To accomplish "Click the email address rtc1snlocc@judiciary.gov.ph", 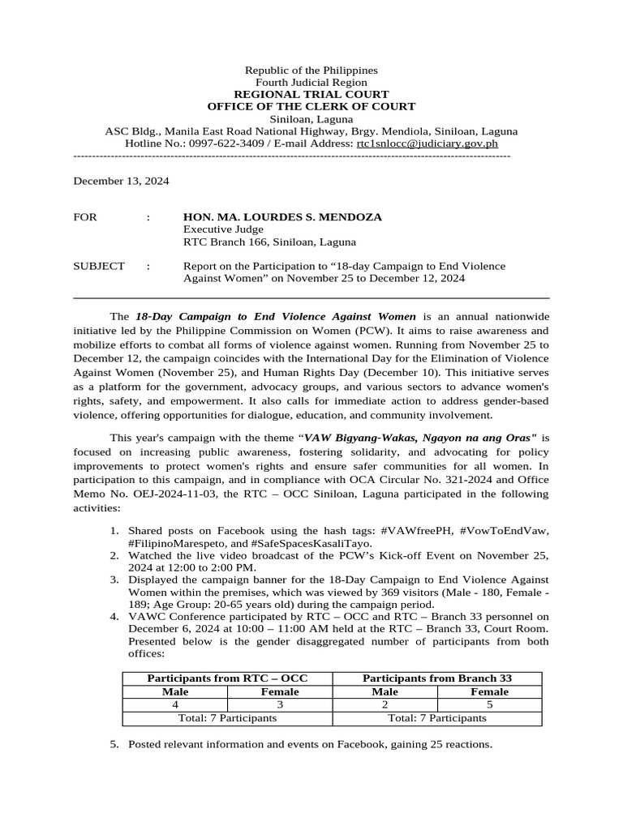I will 428,143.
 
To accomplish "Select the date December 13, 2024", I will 121,182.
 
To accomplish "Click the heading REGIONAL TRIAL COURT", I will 311,94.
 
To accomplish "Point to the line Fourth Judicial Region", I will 311,83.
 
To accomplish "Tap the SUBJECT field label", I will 99,266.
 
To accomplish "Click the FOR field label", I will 84,217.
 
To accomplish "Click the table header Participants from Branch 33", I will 437,678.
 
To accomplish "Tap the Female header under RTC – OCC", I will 280,691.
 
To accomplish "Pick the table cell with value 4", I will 175,704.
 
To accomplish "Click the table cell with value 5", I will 489,704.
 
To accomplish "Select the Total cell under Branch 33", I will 437,718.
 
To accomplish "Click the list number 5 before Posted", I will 114,743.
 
